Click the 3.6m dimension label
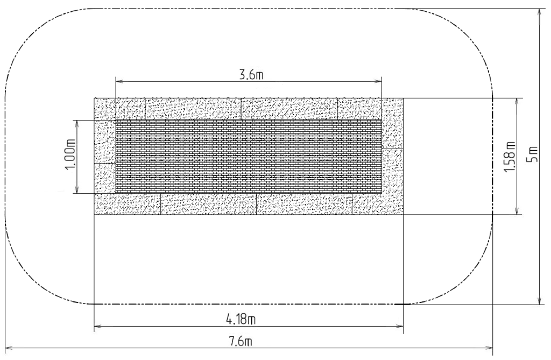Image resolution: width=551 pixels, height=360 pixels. tap(252, 75)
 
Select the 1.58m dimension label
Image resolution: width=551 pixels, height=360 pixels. tap(510, 157)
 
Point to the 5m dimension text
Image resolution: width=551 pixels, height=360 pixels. tap(533, 154)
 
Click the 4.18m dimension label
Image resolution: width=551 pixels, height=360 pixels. tap(241, 320)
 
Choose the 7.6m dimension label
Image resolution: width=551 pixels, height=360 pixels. tap(241, 342)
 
